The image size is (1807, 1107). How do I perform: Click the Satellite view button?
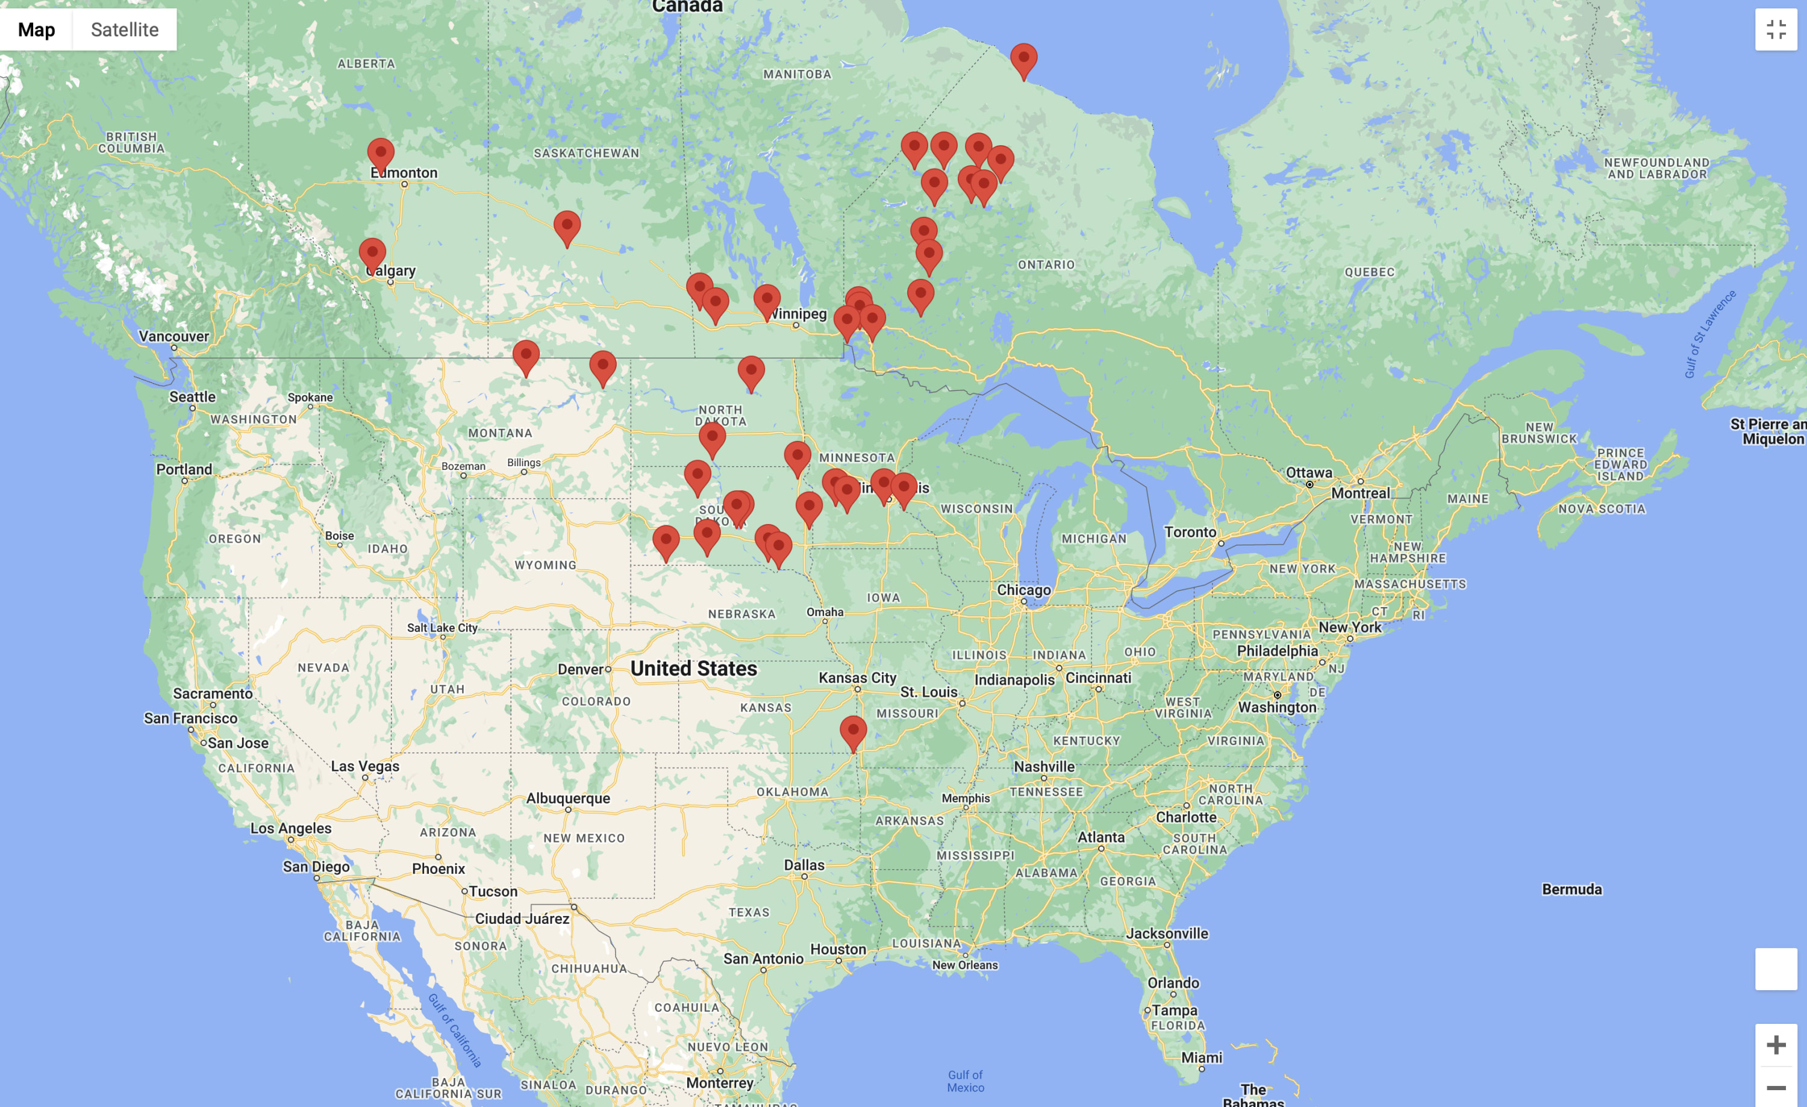[124, 30]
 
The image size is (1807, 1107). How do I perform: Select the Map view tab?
[37, 30]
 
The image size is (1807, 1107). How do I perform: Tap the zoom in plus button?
[1776, 1045]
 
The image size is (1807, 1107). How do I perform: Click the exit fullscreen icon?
[1776, 30]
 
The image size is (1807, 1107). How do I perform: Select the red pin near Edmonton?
[381, 152]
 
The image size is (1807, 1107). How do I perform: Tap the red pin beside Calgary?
[372, 253]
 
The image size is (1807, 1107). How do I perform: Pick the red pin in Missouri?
[853, 731]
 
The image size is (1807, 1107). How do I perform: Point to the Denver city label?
[580, 669]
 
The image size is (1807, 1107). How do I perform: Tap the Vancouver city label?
[174, 335]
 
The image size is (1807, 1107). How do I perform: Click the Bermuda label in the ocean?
[1571, 888]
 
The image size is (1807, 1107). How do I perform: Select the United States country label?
[693, 668]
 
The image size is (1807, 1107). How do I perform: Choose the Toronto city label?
[1190, 531]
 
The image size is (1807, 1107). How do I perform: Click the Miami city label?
[1201, 1057]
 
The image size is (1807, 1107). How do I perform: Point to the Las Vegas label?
[364, 766]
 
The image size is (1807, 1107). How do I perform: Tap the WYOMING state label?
[545, 564]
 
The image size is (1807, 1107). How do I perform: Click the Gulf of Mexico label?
[965, 1080]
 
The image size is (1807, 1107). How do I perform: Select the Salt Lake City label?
[442, 628]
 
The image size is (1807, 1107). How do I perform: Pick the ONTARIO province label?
[1046, 264]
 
